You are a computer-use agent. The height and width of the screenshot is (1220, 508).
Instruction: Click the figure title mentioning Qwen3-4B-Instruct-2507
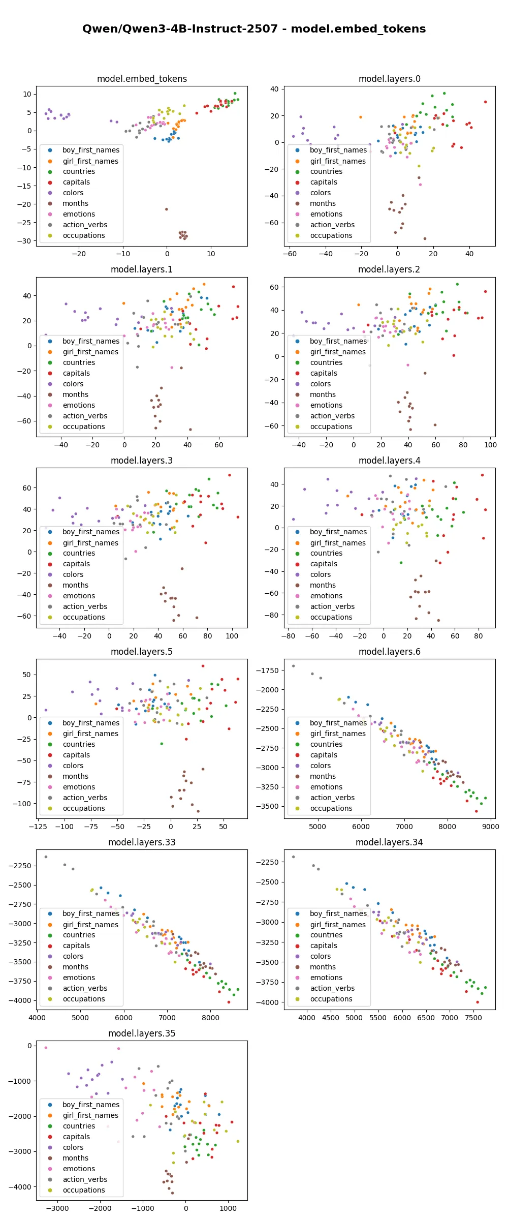[254, 29]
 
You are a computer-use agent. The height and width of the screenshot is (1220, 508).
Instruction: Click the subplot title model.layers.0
[389, 79]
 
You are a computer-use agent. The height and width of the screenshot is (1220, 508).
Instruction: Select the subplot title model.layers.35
[142, 1033]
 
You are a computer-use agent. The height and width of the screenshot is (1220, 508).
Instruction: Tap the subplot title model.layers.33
[142, 842]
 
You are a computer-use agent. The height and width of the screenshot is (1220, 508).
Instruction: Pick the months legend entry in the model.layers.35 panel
[75, 1158]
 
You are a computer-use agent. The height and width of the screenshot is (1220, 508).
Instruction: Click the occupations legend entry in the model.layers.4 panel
[331, 617]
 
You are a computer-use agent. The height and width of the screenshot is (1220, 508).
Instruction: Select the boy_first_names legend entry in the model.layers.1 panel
[91, 341]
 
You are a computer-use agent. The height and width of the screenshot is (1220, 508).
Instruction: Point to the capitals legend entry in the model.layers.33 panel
[76, 945]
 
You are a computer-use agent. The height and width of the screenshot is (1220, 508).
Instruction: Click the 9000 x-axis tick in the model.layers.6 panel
[491, 827]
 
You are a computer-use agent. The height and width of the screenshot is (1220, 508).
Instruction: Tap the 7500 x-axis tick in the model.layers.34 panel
[473, 1018]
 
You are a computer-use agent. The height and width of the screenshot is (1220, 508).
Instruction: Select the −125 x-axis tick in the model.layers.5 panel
[39, 827]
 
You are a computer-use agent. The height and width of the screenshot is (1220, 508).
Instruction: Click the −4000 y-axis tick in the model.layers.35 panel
[19, 1187]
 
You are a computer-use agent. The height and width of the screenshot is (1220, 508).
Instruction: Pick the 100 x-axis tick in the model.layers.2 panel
[490, 445]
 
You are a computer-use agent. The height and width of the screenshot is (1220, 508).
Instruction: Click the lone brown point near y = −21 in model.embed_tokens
[166, 209]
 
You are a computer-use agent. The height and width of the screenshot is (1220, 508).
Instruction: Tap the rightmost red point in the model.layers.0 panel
[485, 102]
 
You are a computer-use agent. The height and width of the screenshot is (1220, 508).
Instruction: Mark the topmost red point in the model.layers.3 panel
[230, 475]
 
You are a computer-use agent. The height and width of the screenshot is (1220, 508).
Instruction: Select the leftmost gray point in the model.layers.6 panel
[293, 666]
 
